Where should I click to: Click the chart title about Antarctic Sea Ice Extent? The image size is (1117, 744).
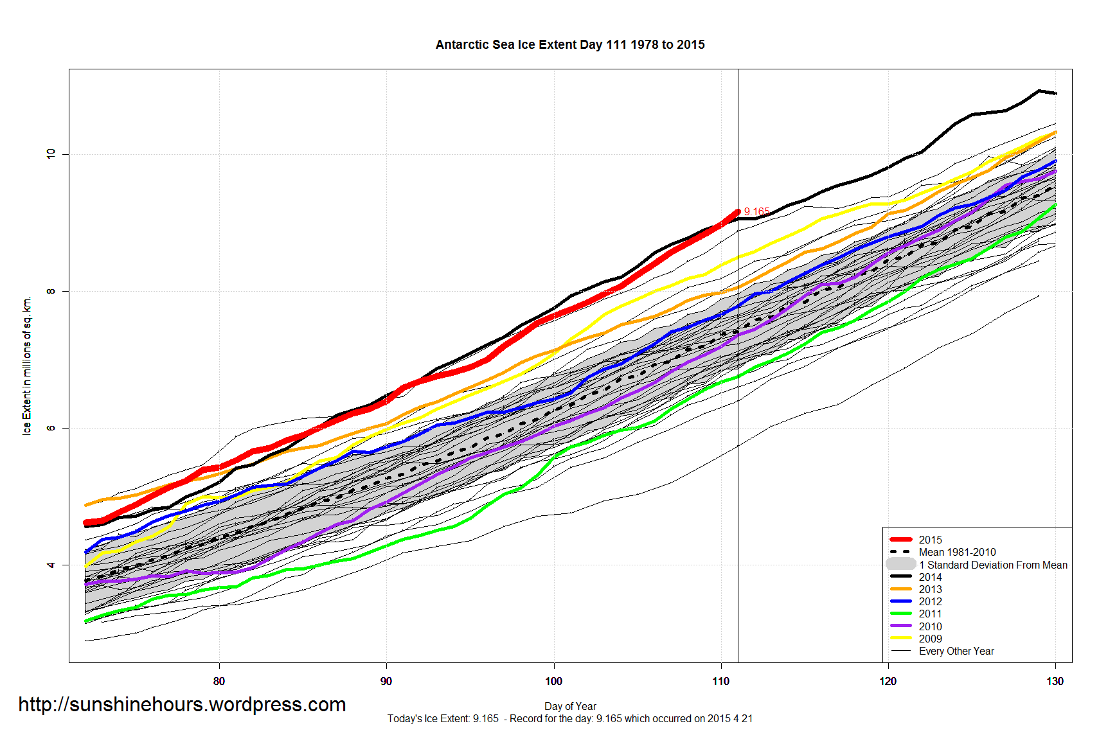tap(570, 45)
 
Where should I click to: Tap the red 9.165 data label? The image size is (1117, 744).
tap(756, 211)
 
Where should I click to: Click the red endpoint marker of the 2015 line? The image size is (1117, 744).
tap(737, 211)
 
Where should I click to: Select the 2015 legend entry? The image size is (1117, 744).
tap(930, 540)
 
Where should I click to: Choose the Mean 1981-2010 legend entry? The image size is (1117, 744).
tap(957, 552)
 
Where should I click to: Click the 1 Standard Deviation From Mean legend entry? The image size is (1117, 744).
tap(992, 565)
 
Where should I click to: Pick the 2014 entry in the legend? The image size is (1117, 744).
tap(930, 577)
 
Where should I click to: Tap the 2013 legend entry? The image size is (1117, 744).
tap(930, 589)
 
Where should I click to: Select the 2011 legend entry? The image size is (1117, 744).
tap(930, 614)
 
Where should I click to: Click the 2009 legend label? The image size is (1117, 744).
tap(930, 639)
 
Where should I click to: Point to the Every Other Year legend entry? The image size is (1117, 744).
tap(956, 651)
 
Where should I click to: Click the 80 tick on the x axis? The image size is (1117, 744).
tap(219, 681)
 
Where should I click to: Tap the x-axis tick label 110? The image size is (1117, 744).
tap(720, 681)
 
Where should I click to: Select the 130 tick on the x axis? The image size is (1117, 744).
tap(1055, 681)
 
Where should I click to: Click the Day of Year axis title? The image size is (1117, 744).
tap(570, 706)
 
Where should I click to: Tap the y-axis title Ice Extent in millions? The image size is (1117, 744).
tap(27, 366)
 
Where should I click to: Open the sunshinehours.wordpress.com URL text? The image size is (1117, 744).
tap(182, 705)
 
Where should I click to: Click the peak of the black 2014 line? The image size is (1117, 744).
tap(1039, 91)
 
